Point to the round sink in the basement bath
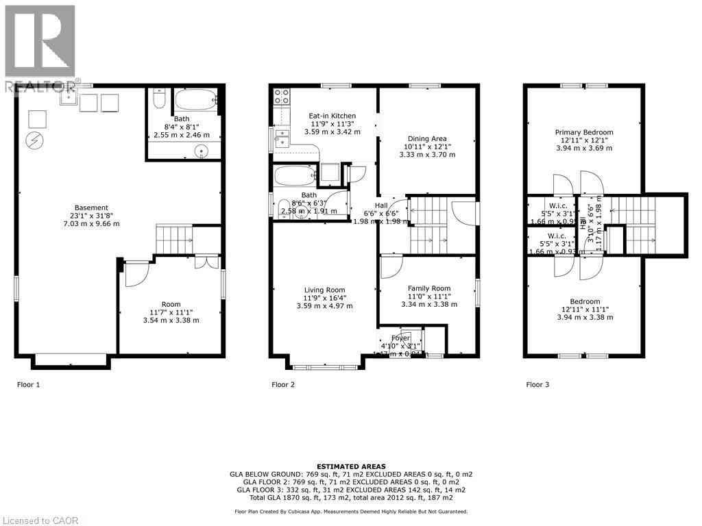(x=202, y=151)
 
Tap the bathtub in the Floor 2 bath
(x=295, y=175)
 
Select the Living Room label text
(x=324, y=290)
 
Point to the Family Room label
(x=429, y=288)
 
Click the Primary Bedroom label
(x=584, y=132)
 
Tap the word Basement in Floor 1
(x=92, y=208)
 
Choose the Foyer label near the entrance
(x=400, y=338)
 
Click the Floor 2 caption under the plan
(x=283, y=385)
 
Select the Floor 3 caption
(x=537, y=385)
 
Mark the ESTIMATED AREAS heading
(x=350, y=466)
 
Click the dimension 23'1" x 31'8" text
(x=92, y=216)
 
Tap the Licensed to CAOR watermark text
(x=40, y=521)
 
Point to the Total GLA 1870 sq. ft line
(x=350, y=498)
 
